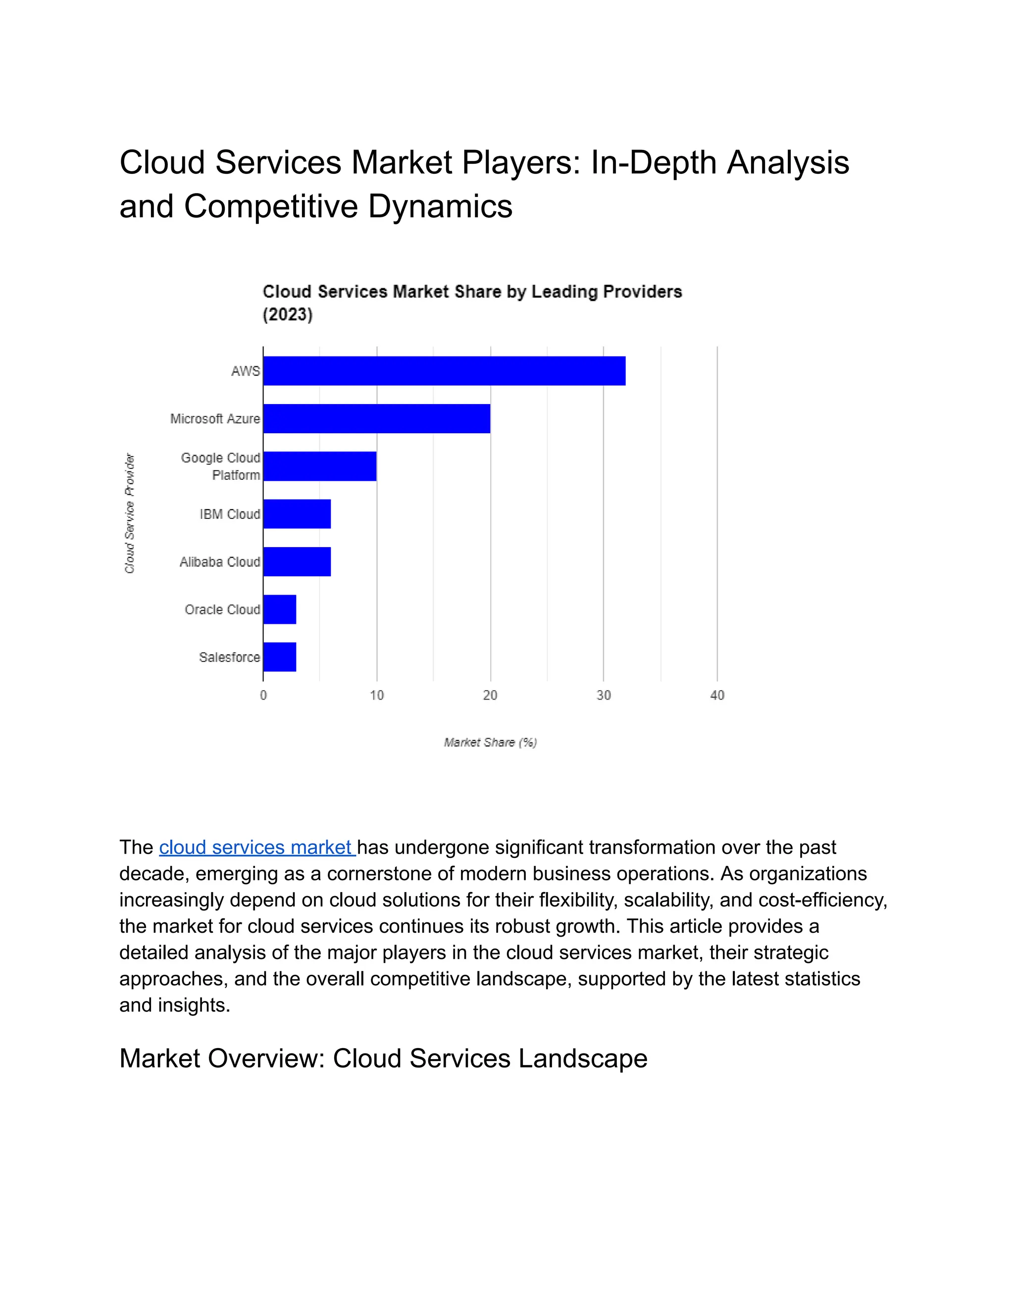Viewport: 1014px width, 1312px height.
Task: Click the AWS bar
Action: click(444, 371)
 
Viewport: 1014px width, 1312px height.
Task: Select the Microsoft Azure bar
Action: click(377, 418)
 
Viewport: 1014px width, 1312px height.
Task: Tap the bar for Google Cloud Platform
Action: click(319, 466)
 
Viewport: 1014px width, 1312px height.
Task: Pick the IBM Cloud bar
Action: click(297, 513)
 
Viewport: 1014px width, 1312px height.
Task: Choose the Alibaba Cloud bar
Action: click(297, 562)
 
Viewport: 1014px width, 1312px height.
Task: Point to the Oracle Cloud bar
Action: click(280, 609)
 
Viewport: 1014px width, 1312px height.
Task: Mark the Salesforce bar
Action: click(280, 657)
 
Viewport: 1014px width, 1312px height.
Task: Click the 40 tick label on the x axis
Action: click(716, 695)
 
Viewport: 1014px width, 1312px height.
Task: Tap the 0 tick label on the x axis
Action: click(263, 695)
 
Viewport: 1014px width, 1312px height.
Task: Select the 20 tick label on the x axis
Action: click(490, 695)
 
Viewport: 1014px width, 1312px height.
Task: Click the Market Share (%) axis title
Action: click(490, 743)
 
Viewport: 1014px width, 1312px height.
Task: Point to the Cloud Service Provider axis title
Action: click(130, 513)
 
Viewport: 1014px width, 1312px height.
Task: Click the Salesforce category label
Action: click(229, 657)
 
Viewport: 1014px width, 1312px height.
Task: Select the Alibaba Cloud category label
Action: click(220, 562)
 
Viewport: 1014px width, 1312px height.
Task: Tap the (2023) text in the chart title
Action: click(288, 314)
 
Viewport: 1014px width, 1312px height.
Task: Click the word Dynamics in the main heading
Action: click(440, 206)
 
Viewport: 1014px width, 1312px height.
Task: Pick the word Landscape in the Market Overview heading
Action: click(583, 1059)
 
